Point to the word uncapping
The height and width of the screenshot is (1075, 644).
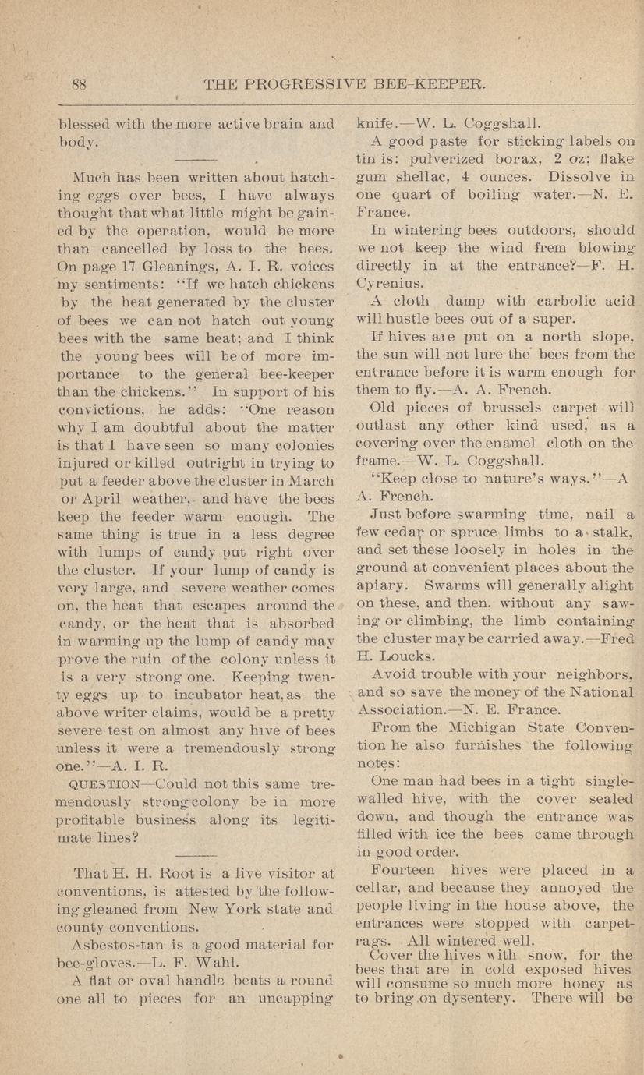click(295, 999)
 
